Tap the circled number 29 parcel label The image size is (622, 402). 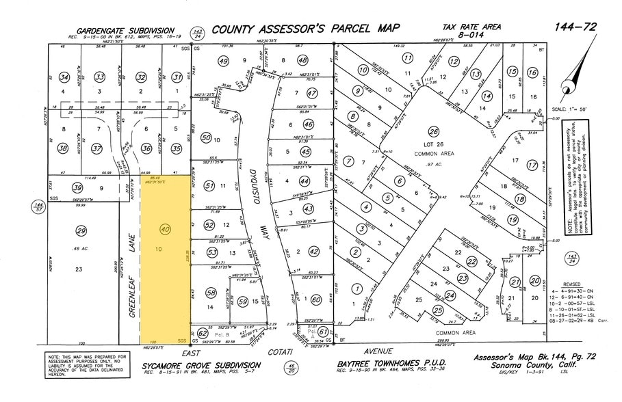tap(81, 230)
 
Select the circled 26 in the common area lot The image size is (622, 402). tap(432, 131)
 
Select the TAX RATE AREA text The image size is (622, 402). tap(471, 27)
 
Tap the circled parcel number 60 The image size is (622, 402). tap(316, 299)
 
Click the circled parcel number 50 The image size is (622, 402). tap(205, 137)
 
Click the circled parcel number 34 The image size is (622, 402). tap(64, 77)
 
